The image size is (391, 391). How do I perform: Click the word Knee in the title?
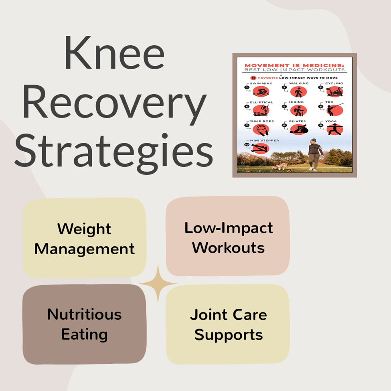(x=114, y=53)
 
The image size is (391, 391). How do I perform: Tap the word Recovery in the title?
(x=114, y=105)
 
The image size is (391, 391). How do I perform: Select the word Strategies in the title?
(x=114, y=153)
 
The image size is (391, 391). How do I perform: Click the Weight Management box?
(x=84, y=238)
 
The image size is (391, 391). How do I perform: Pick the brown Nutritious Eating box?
(x=84, y=324)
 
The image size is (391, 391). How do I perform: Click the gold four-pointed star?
(x=158, y=284)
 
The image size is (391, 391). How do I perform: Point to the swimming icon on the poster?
(x=261, y=91)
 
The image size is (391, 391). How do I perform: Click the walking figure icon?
(x=298, y=92)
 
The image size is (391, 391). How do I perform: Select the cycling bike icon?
(x=334, y=91)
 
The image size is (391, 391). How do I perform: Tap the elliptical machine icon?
(x=261, y=110)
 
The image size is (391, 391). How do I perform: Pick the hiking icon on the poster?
(x=298, y=111)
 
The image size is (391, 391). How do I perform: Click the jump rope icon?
(x=261, y=130)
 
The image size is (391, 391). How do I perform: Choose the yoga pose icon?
(x=334, y=130)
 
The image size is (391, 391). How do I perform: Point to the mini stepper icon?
(x=261, y=148)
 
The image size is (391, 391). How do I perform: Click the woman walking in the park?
(x=314, y=155)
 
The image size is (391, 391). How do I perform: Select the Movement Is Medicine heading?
(x=294, y=66)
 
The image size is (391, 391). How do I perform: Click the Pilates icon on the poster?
(x=299, y=130)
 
